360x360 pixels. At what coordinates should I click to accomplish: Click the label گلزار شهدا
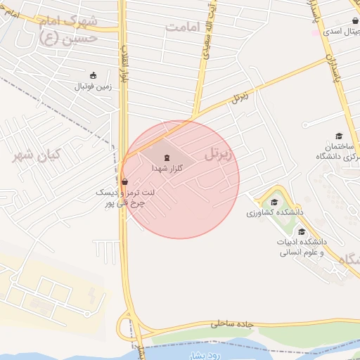click(x=167, y=169)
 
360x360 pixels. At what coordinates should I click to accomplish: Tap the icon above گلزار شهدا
click(x=167, y=157)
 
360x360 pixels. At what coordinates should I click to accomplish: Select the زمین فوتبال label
click(x=94, y=87)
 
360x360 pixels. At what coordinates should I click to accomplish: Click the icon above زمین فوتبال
click(x=94, y=75)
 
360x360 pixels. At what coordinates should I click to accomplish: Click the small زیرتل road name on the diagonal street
click(x=240, y=98)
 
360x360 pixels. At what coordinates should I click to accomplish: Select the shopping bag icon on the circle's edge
click(x=124, y=181)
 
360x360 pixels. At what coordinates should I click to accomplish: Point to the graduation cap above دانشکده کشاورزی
click(x=274, y=202)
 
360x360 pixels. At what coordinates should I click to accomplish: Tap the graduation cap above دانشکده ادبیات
click(x=302, y=232)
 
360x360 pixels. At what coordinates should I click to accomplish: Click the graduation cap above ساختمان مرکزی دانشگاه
click(x=338, y=136)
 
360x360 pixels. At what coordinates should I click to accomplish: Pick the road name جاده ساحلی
click(x=233, y=325)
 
